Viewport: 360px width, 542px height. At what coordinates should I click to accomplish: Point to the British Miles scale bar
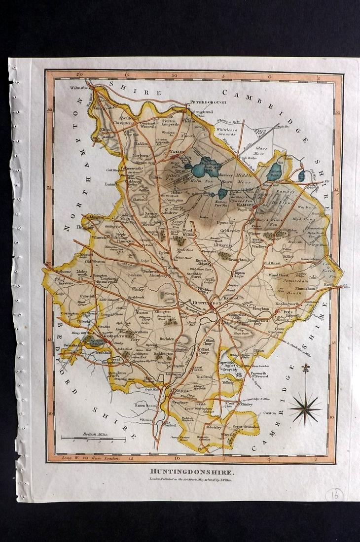coord(93,438)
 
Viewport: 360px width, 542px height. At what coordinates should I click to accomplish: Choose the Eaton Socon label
coord(146,405)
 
